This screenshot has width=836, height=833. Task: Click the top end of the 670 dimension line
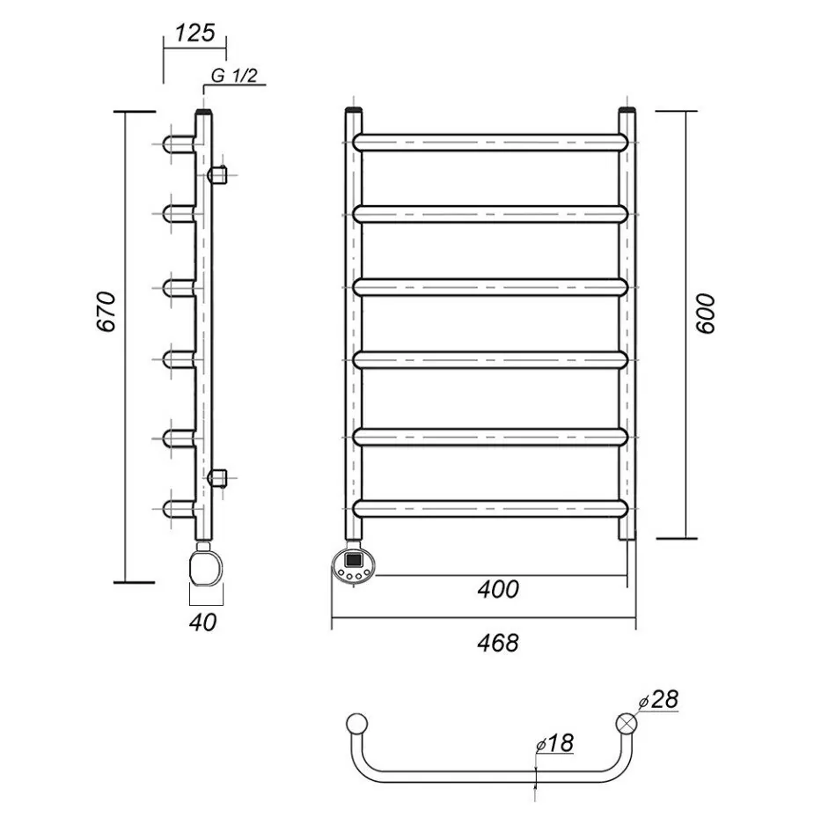point(126,112)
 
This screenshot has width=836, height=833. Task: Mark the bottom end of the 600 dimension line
point(686,538)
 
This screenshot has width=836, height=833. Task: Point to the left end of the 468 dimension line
point(332,618)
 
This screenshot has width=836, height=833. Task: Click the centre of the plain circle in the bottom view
point(356,724)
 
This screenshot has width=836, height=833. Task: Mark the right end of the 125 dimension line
point(226,48)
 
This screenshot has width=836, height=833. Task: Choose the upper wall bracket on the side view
point(217,174)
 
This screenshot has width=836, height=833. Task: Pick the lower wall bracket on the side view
point(217,477)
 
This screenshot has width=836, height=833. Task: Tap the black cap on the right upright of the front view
point(627,110)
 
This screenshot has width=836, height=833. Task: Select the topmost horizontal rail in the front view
point(490,143)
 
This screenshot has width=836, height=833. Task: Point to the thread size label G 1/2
point(234,76)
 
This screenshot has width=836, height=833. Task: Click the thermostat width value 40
point(203,623)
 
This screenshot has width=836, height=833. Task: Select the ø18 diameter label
point(554,743)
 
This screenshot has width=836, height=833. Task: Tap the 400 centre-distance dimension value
point(498,589)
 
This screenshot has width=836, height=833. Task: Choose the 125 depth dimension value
point(194,33)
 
